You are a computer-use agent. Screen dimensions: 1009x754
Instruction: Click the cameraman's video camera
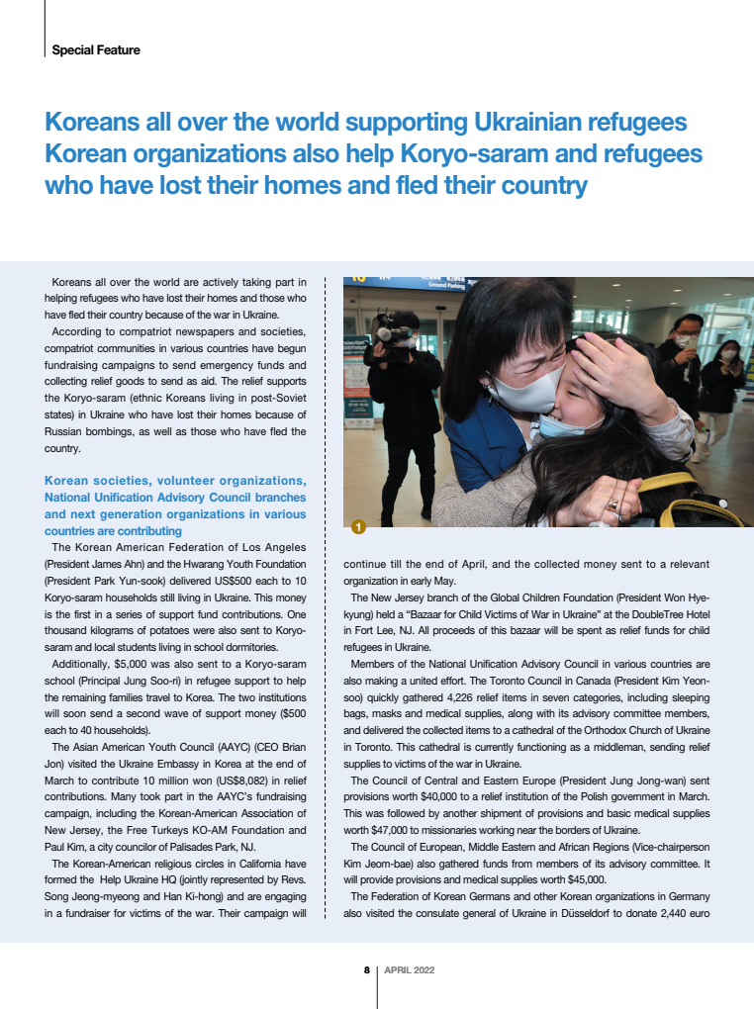click(394, 338)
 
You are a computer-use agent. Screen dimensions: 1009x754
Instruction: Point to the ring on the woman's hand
click(613, 504)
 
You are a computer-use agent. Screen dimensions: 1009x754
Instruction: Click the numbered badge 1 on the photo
click(357, 526)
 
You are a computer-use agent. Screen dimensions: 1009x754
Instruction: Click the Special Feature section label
click(96, 49)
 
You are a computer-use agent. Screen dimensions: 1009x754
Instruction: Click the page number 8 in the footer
click(366, 970)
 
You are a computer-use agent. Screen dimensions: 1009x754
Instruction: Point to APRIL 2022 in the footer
click(409, 970)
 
